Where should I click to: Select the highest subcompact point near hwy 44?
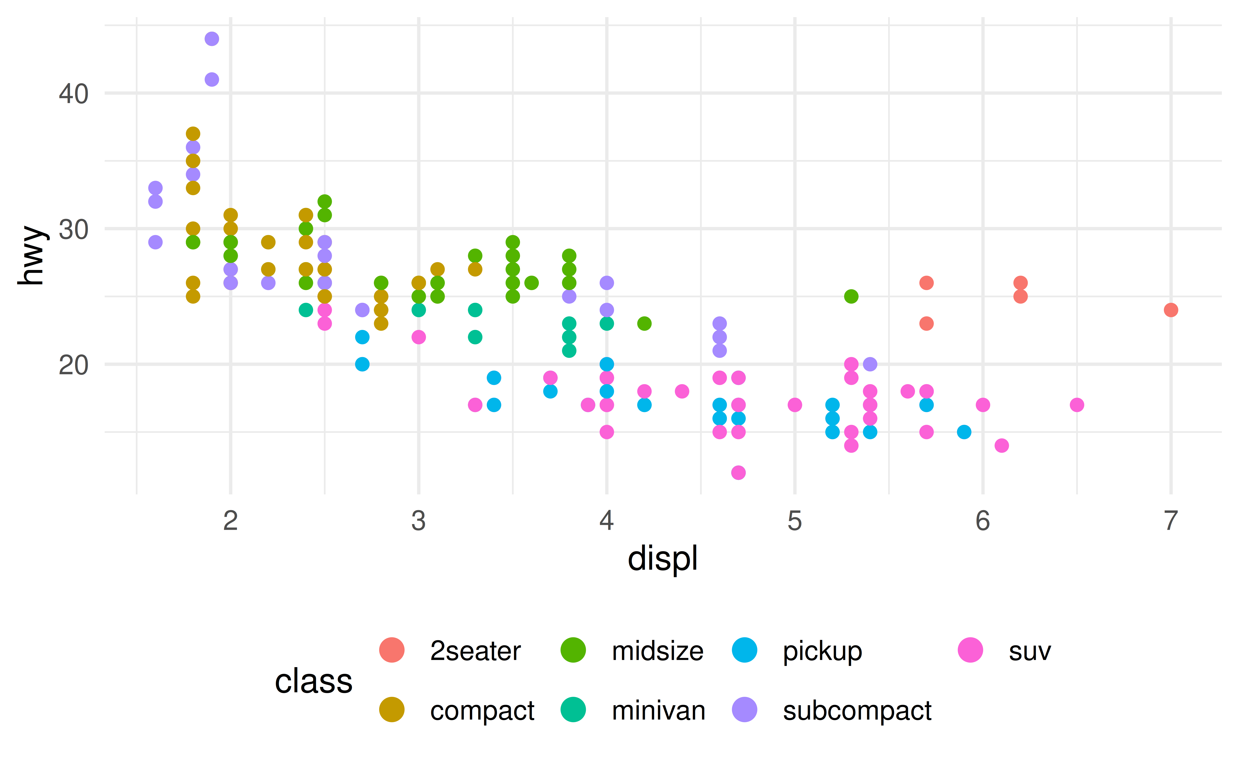pyautogui.click(x=212, y=39)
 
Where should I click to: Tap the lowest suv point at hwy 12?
pyautogui.click(x=738, y=473)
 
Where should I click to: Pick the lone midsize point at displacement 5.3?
pyautogui.click(x=851, y=296)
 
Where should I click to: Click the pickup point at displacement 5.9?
pyautogui.click(x=964, y=432)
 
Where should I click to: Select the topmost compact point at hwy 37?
pyautogui.click(x=193, y=134)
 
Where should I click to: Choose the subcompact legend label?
pyautogui.click(x=857, y=710)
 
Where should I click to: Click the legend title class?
pyautogui.click(x=313, y=681)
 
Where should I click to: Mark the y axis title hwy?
pyautogui.click(x=31, y=255)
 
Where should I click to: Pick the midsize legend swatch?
pyautogui.click(x=573, y=650)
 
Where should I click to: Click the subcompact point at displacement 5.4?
pyautogui.click(x=870, y=364)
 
